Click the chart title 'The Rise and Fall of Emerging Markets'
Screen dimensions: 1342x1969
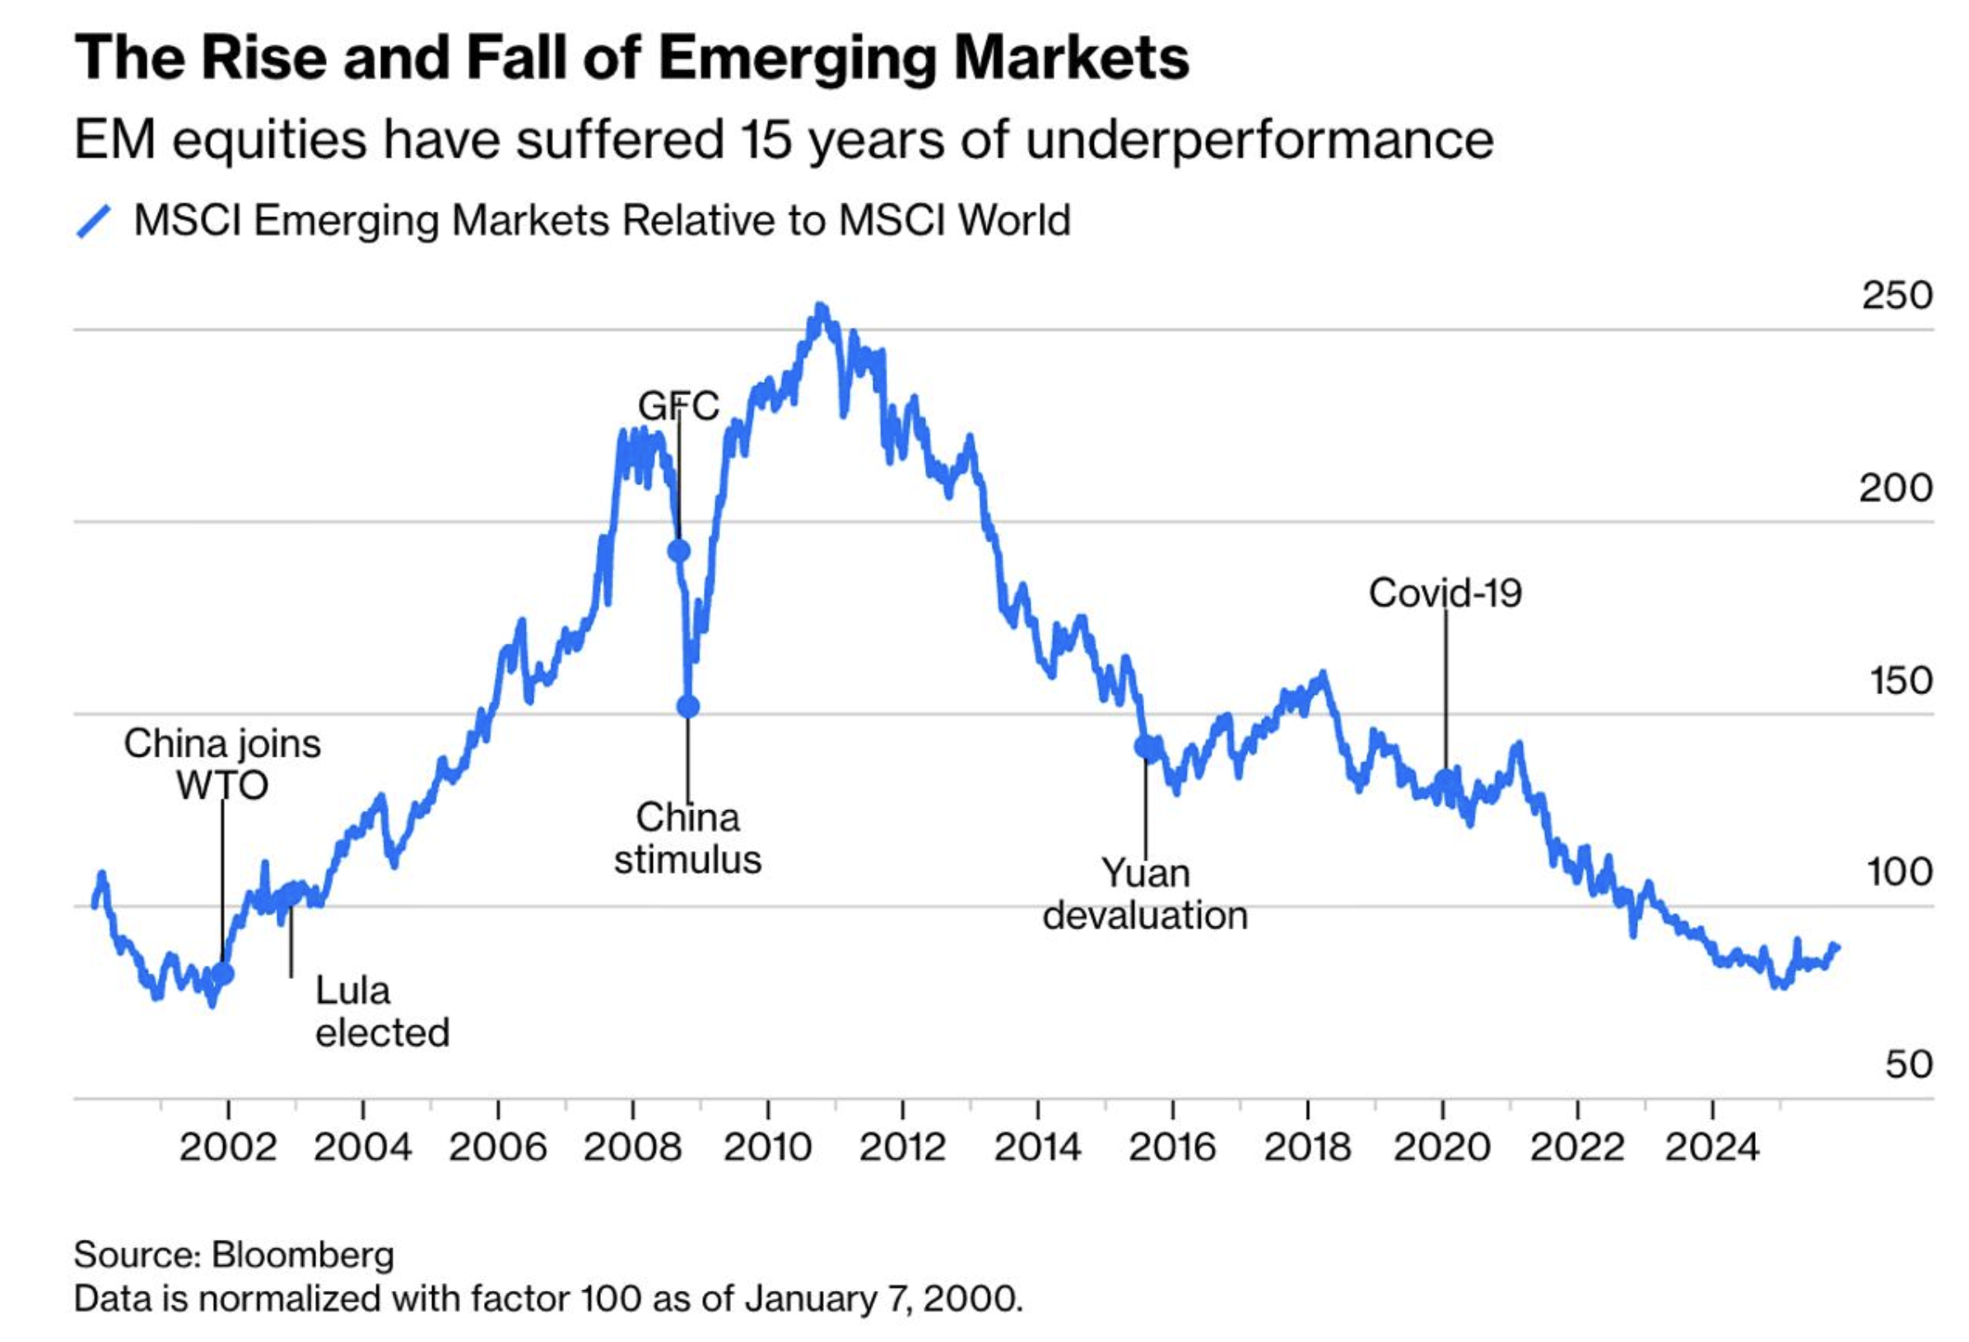(631, 58)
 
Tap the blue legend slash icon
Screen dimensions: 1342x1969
(94, 222)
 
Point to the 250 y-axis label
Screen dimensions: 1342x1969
(1896, 296)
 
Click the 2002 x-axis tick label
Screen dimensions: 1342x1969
(228, 1148)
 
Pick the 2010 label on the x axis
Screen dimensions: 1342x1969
(768, 1148)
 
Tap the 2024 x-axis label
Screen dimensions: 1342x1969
(1712, 1148)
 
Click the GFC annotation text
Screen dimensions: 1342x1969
(678, 406)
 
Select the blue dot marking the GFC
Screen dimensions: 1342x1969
(678, 551)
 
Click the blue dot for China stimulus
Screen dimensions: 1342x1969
(688, 706)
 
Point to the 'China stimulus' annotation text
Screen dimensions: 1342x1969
(688, 839)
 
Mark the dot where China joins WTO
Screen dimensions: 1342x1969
(223, 974)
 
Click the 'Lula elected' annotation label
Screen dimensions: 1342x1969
(382, 1012)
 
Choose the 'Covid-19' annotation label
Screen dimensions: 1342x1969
(1445, 593)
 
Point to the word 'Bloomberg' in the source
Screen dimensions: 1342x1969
(302, 1255)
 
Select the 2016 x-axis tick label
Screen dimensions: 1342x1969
(1172, 1148)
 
